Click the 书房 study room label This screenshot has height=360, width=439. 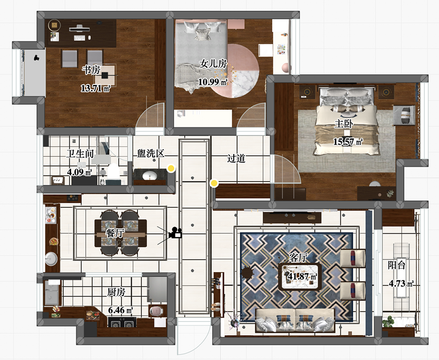[x=91, y=70]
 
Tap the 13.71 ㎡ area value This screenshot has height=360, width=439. [x=96, y=88]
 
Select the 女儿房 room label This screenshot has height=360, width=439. [x=213, y=64]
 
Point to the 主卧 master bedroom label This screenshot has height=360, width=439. [x=344, y=123]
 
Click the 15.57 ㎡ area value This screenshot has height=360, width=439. [x=348, y=142]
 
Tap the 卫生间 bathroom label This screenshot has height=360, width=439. [x=80, y=154]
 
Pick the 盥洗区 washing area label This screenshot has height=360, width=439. [x=150, y=153]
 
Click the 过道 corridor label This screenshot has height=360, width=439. [x=236, y=159]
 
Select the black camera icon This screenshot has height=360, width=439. [x=175, y=232]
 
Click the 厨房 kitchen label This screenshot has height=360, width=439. [x=116, y=292]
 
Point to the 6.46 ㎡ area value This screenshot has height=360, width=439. [x=120, y=310]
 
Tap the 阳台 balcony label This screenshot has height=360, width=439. [x=397, y=265]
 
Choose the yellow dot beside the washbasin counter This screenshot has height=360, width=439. [x=171, y=168]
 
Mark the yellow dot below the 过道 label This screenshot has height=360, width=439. [x=214, y=183]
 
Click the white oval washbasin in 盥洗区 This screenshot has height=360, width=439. [x=150, y=176]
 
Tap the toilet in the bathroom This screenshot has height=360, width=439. [x=113, y=172]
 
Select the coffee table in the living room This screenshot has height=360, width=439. [x=299, y=276]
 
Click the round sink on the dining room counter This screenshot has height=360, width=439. [x=52, y=259]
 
